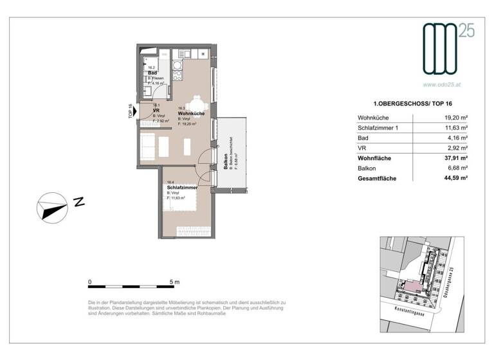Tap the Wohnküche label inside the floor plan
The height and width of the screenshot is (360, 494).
[x=192, y=113]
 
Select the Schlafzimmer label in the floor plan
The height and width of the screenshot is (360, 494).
[x=181, y=187]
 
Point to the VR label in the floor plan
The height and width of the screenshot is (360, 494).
[x=156, y=110]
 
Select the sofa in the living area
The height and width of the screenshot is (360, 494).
[x=147, y=147]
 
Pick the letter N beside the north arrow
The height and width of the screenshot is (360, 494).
[x=79, y=202]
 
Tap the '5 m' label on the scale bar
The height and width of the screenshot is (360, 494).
[x=174, y=282]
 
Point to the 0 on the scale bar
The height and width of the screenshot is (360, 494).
[x=90, y=282]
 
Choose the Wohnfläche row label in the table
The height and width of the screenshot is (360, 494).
[x=374, y=157]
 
